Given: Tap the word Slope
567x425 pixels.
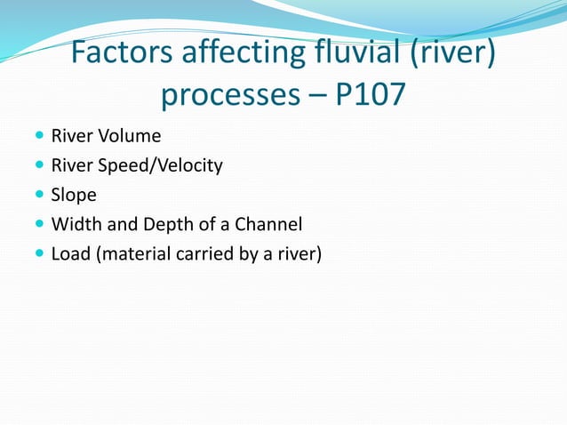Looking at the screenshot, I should pos(73,195).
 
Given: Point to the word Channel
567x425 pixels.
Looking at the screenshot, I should pos(272,224).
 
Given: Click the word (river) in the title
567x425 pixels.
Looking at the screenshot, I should pos(452,55).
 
